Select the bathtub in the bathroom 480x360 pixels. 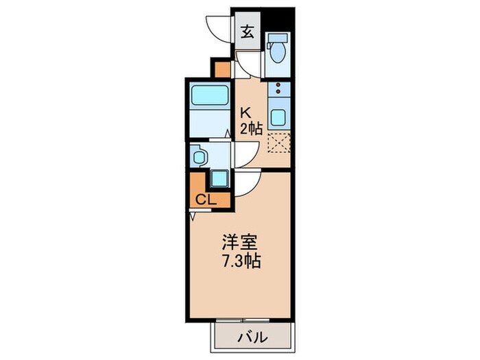[208, 95]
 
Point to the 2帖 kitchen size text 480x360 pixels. [250, 128]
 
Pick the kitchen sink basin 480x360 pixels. [278, 117]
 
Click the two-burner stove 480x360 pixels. [278, 88]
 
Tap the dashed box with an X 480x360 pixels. [279, 142]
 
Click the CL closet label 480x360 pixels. [205, 200]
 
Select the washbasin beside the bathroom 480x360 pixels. [199, 157]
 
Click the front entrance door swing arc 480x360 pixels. [218, 26]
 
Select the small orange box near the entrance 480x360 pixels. [221, 69]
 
